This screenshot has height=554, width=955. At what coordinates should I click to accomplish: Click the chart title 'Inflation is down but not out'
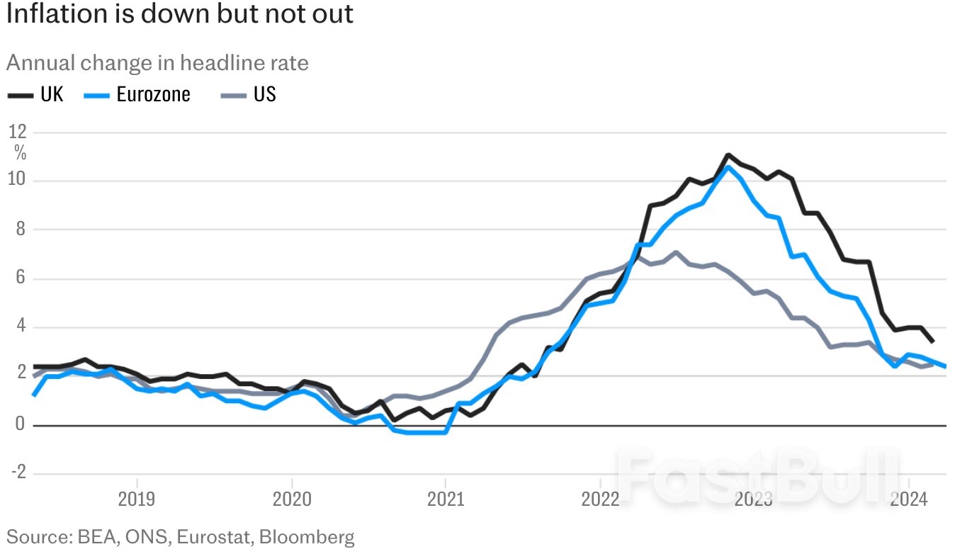pyautogui.click(x=180, y=14)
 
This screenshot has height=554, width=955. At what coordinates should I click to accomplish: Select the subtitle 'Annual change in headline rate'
pyautogui.click(x=157, y=63)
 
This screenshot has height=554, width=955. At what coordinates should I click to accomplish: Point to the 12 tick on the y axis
pyautogui.click(x=18, y=132)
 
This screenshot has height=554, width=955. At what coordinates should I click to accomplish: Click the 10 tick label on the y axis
pyautogui.click(x=18, y=181)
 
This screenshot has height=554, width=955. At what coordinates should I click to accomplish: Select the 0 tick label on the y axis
pyautogui.click(x=21, y=425)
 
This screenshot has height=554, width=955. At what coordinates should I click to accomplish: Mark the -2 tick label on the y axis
pyautogui.click(x=18, y=474)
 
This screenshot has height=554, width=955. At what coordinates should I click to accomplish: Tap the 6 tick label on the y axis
pyautogui.click(x=21, y=278)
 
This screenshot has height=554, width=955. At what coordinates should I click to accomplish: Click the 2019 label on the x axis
pyautogui.click(x=137, y=500)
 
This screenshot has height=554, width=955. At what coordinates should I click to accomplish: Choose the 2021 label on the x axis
pyautogui.click(x=445, y=500)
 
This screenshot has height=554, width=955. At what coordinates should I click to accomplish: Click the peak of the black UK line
pyautogui.click(x=728, y=155)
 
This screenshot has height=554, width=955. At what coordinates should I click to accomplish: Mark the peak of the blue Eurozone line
pyautogui.click(x=727, y=167)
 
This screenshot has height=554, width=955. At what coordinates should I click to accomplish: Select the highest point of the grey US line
pyautogui.click(x=676, y=252)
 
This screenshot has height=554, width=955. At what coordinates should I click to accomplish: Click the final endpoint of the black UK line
pyautogui.click(x=932, y=341)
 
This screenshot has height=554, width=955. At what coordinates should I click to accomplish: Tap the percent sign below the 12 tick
pyautogui.click(x=20, y=152)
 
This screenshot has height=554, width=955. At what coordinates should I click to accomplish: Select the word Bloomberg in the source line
pyautogui.click(x=307, y=537)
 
